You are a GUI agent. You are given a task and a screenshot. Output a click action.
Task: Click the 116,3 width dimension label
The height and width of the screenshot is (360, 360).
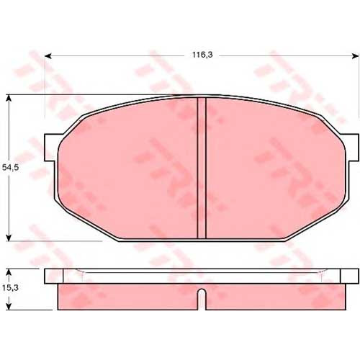click(202, 55)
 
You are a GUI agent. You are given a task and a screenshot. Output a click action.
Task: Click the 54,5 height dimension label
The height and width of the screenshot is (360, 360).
click(10, 168)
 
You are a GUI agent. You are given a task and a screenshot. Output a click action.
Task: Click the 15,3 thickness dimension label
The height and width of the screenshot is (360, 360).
click(10, 288)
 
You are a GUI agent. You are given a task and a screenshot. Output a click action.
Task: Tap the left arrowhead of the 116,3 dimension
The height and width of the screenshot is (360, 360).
click(48, 56)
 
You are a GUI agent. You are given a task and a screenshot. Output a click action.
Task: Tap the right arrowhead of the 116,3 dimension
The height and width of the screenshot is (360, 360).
click(356, 56)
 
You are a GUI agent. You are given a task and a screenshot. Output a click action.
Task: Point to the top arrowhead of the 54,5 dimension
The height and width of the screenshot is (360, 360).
click(9, 98)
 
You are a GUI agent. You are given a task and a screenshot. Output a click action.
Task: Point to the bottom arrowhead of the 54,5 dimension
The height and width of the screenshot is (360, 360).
click(9, 238)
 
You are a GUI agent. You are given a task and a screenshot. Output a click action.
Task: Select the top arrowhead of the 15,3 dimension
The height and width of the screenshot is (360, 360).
click(9, 272)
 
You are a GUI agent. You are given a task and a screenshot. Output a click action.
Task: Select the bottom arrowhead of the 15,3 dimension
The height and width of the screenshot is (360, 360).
click(9, 307)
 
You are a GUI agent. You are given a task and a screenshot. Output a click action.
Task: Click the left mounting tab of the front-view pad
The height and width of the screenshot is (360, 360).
click(51, 148)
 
